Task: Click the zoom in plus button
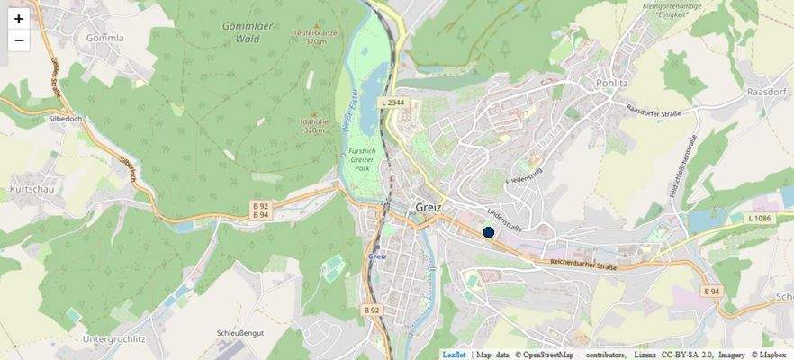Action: click(x=19, y=18)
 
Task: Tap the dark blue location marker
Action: click(x=489, y=232)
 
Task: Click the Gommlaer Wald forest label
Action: click(x=248, y=32)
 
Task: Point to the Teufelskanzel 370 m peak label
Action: click(x=315, y=36)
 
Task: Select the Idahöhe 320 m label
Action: click(x=313, y=125)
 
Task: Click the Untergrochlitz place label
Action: click(x=113, y=338)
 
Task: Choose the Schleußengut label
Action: click(x=240, y=332)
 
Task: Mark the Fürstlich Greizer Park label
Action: click(x=363, y=160)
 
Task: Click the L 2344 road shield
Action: click(x=392, y=103)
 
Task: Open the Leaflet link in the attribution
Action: click(x=454, y=355)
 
